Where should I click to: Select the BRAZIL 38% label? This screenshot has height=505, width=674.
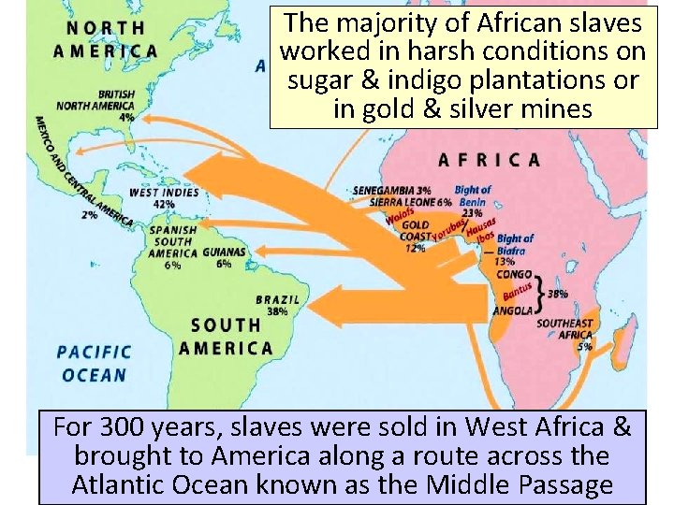pyautogui.click(x=277, y=305)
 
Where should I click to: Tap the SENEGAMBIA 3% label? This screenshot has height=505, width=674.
pyautogui.click(x=391, y=190)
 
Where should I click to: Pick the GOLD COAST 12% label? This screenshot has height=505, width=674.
pyautogui.click(x=416, y=236)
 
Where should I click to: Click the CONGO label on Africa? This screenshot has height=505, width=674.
pyautogui.click(x=513, y=275)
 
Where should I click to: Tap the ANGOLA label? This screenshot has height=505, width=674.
pyautogui.click(x=514, y=310)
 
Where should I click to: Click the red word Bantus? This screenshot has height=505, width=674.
pyautogui.click(x=518, y=292)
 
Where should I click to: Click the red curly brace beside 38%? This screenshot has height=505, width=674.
pyautogui.click(x=541, y=292)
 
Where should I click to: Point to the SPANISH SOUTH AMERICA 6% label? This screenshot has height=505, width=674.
pyautogui.click(x=171, y=247)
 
